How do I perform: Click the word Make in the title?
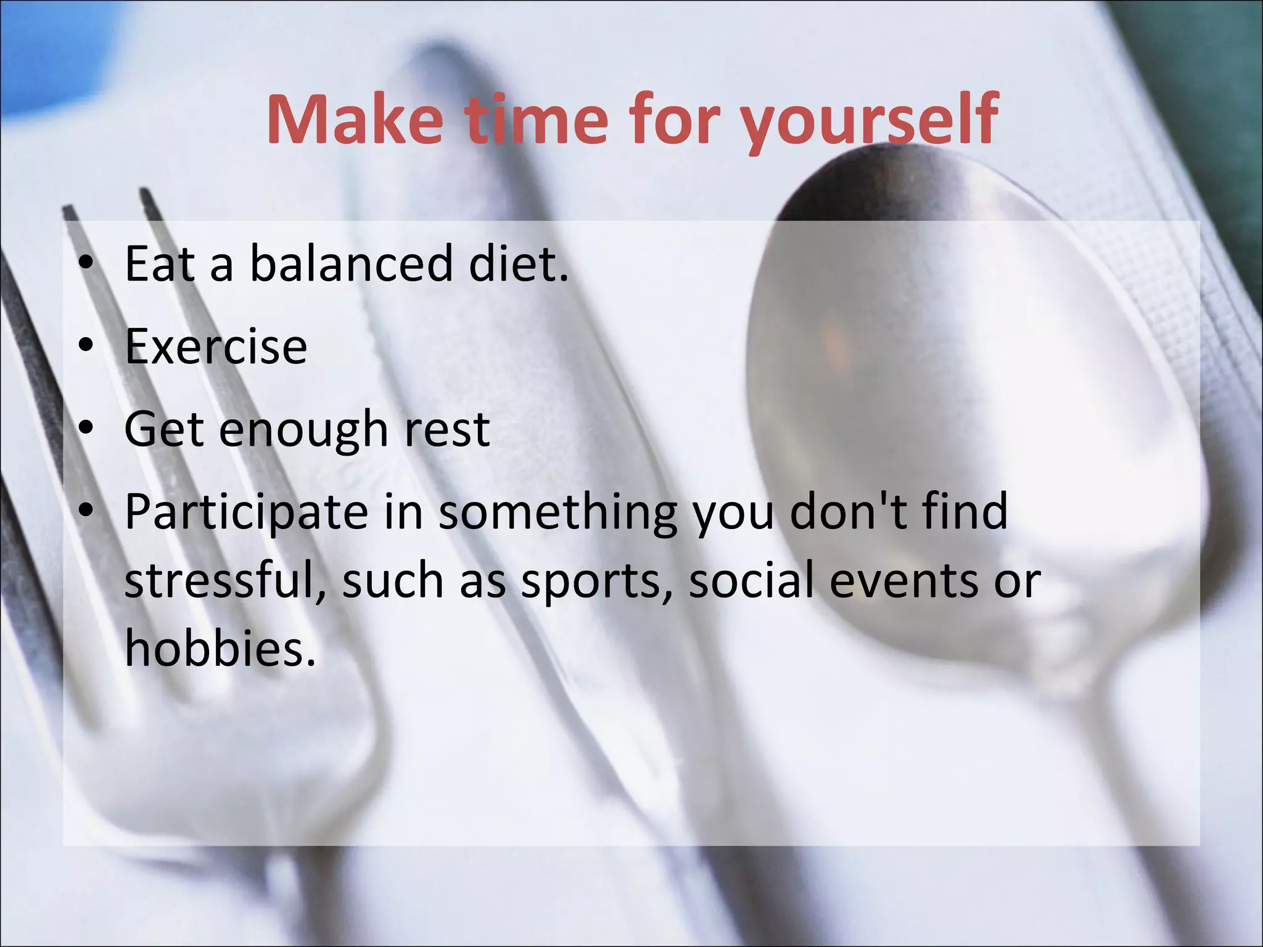pyautogui.click(x=354, y=120)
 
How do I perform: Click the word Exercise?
pyautogui.click(x=216, y=346)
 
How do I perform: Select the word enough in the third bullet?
pyautogui.click(x=303, y=430)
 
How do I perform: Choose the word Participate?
pyautogui.click(x=246, y=513)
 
